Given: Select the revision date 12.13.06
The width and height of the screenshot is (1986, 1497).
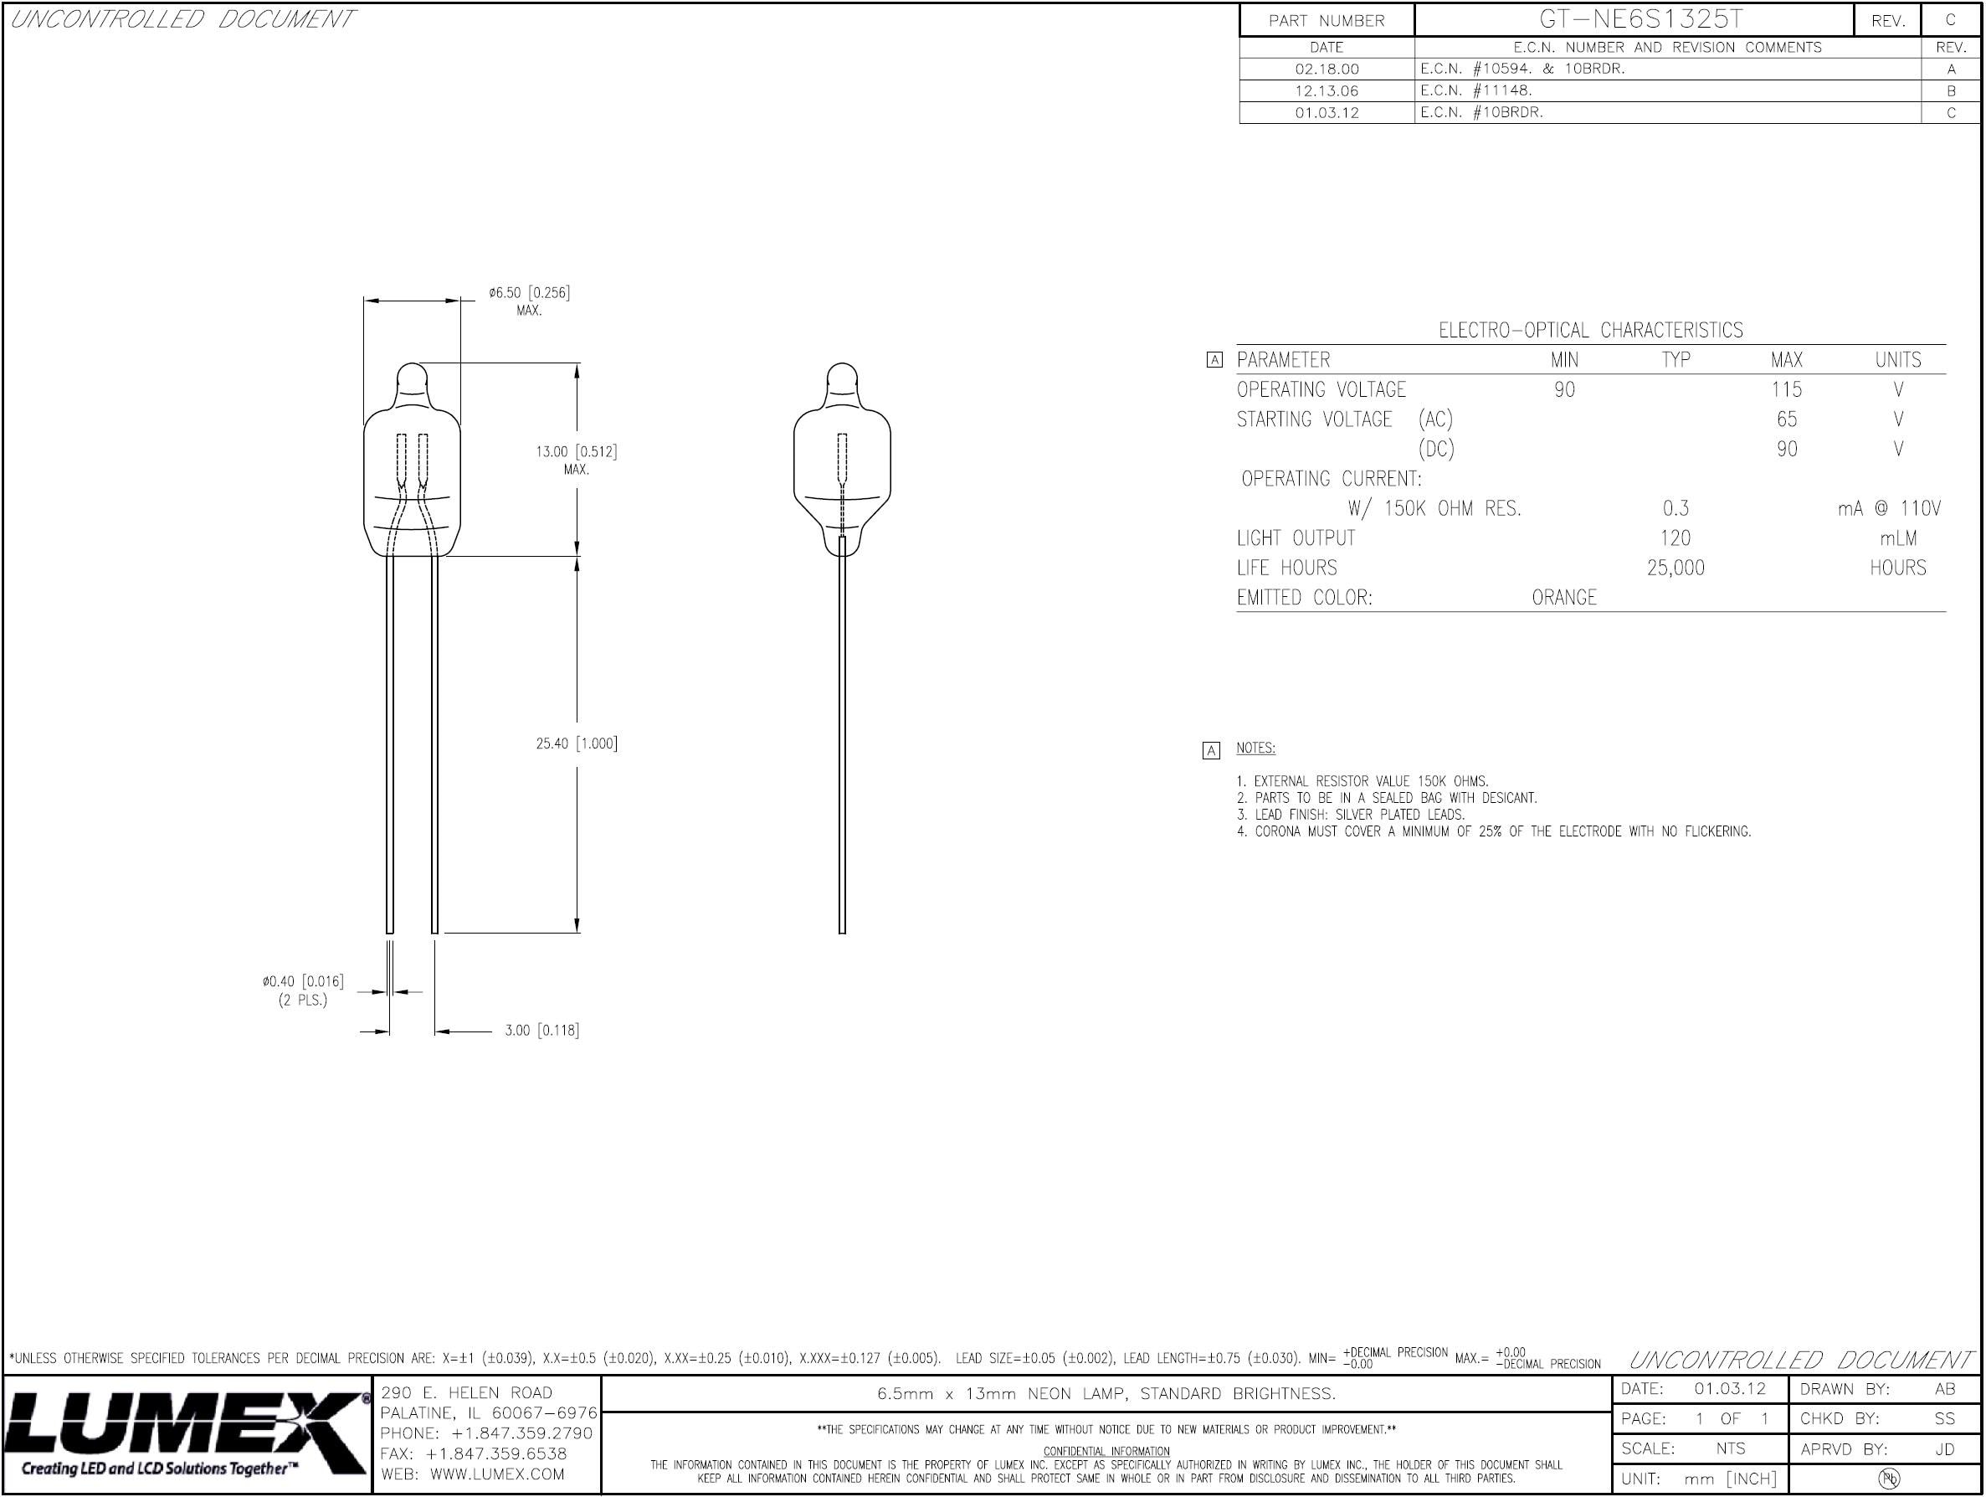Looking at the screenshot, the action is point(1327,90).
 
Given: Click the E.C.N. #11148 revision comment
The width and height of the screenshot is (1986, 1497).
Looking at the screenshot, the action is point(1476,90).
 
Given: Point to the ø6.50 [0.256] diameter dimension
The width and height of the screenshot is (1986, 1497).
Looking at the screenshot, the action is point(529,293).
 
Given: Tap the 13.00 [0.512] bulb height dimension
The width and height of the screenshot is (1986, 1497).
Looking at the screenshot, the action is point(577,452).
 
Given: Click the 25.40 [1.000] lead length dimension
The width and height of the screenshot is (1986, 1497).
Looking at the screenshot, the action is point(577,743).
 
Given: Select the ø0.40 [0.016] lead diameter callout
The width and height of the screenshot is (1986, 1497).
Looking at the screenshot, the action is point(303,981).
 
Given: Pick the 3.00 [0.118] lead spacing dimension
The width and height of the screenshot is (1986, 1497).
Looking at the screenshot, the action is point(541,1031).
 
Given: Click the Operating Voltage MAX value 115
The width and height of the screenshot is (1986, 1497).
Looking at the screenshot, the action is point(1787,390).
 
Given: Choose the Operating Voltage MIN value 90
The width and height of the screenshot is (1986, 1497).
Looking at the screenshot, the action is point(1564,390).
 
